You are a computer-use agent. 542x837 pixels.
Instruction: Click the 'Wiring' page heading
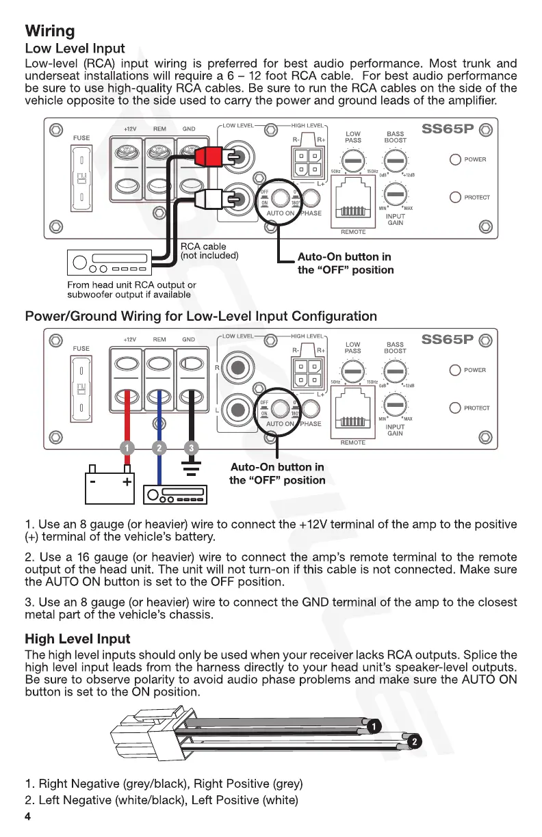coord(50,31)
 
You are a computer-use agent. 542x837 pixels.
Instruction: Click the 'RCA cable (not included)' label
coord(209,251)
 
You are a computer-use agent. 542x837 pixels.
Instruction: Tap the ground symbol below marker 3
coord(192,468)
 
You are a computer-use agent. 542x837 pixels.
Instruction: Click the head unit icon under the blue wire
coord(175,494)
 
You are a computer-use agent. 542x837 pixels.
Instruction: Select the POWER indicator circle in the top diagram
coord(455,160)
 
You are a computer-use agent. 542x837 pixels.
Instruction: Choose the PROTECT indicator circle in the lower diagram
coord(455,408)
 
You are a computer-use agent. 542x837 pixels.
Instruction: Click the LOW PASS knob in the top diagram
coord(352,161)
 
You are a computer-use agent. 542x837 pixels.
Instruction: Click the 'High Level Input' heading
coord(77,639)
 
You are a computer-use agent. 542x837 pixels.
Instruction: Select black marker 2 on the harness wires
coord(413,741)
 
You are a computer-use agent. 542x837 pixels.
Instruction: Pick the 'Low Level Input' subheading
coord(75,49)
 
